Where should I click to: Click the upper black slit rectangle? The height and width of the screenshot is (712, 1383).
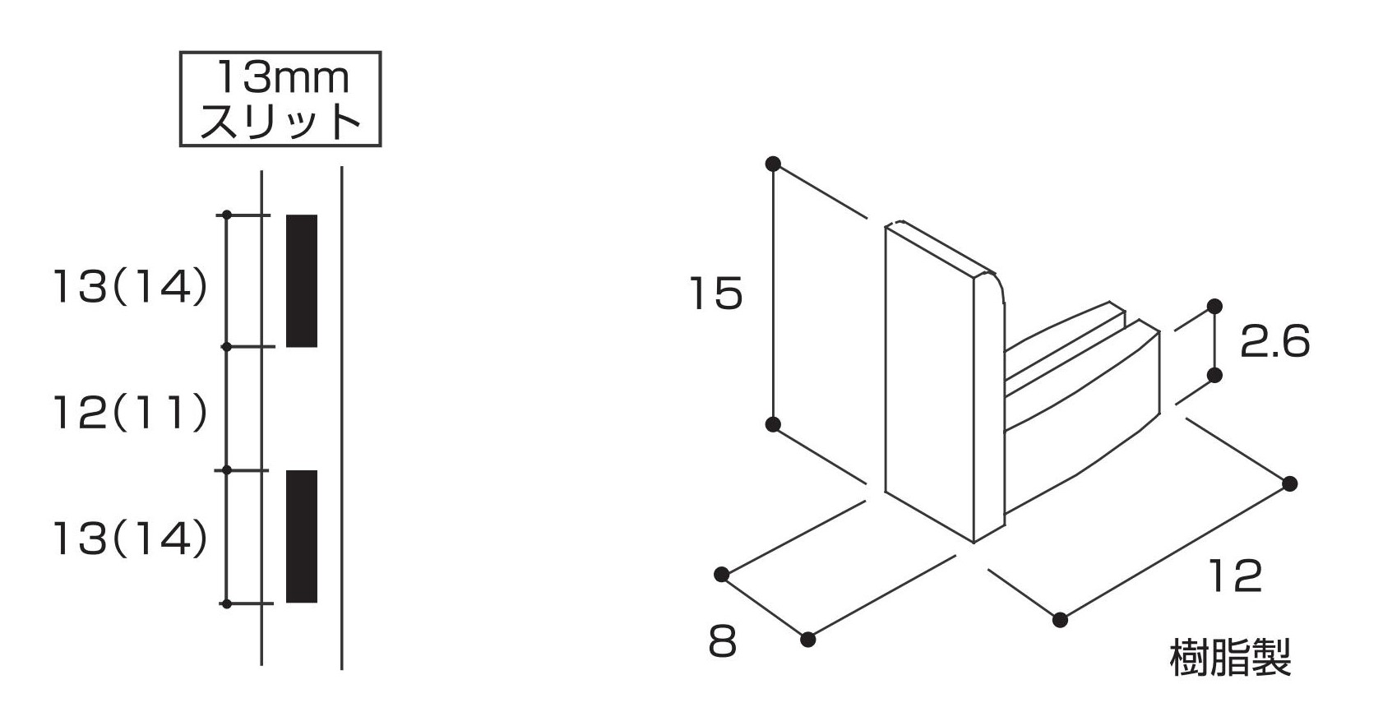click(301, 280)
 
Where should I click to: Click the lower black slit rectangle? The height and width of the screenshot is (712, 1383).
click(301, 536)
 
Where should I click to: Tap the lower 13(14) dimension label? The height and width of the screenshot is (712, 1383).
click(130, 539)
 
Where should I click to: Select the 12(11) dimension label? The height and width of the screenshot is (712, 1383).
click(130, 413)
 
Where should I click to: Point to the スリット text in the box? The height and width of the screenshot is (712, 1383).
click(280, 121)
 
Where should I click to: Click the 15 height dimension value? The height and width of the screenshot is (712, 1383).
click(715, 294)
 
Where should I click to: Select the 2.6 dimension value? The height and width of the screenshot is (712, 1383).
click(1274, 341)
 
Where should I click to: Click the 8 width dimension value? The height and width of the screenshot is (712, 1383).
click(722, 642)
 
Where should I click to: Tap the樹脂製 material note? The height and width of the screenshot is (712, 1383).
click(1230, 659)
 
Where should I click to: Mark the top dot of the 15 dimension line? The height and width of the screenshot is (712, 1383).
click(772, 164)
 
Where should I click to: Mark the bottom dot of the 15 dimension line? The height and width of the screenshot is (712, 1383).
click(772, 424)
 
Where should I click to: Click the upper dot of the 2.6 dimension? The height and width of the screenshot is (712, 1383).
click(1214, 306)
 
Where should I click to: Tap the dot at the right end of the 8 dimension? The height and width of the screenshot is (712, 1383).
click(808, 639)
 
